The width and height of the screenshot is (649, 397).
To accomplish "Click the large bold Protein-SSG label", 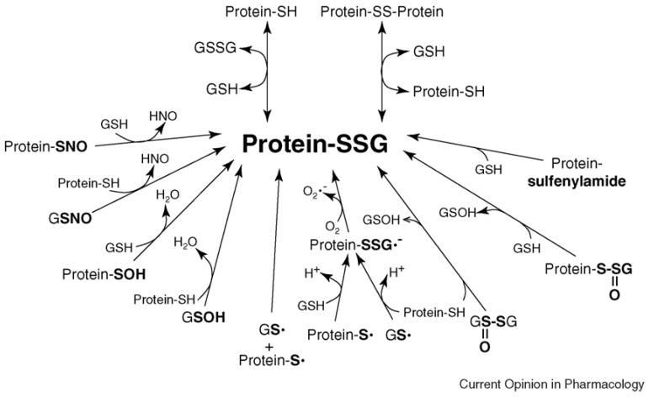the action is (315, 145).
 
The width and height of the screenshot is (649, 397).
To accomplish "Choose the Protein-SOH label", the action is (96, 274).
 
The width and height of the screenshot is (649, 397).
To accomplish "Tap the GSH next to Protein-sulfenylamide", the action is (487, 169).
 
